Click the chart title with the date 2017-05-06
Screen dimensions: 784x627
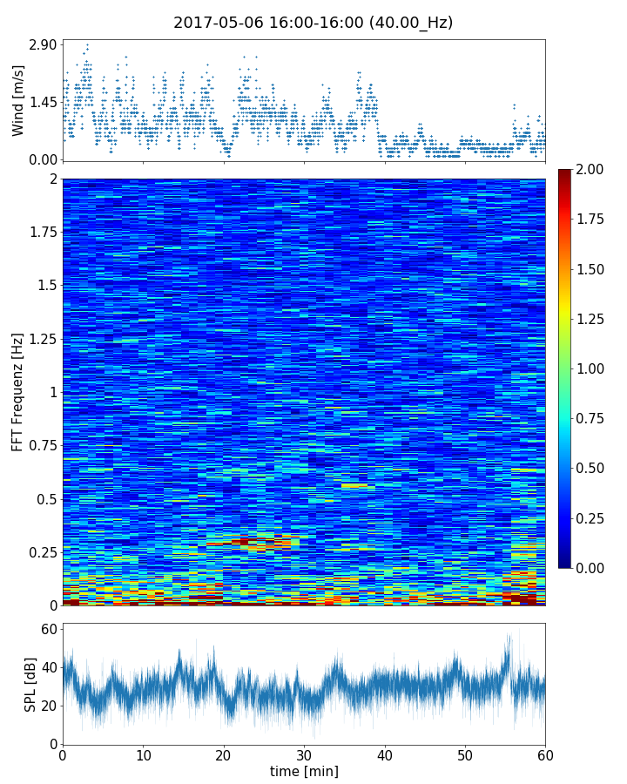click(313, 23)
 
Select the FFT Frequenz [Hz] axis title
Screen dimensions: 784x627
click(18, 391)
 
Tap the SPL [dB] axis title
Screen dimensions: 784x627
click(30, 684)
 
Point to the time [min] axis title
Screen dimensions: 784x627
click(304, 771)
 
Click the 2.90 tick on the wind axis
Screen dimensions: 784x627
click(43, 44)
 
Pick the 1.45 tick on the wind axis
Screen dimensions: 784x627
click(43, 102)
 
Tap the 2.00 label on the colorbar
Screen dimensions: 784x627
click(589, 170)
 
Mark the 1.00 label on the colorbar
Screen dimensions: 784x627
click(589, 368)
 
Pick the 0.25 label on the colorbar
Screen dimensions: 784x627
click(589, 518)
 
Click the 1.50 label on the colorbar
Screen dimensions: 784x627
click(589, 269)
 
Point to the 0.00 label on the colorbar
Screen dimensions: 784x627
click(589, 568)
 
